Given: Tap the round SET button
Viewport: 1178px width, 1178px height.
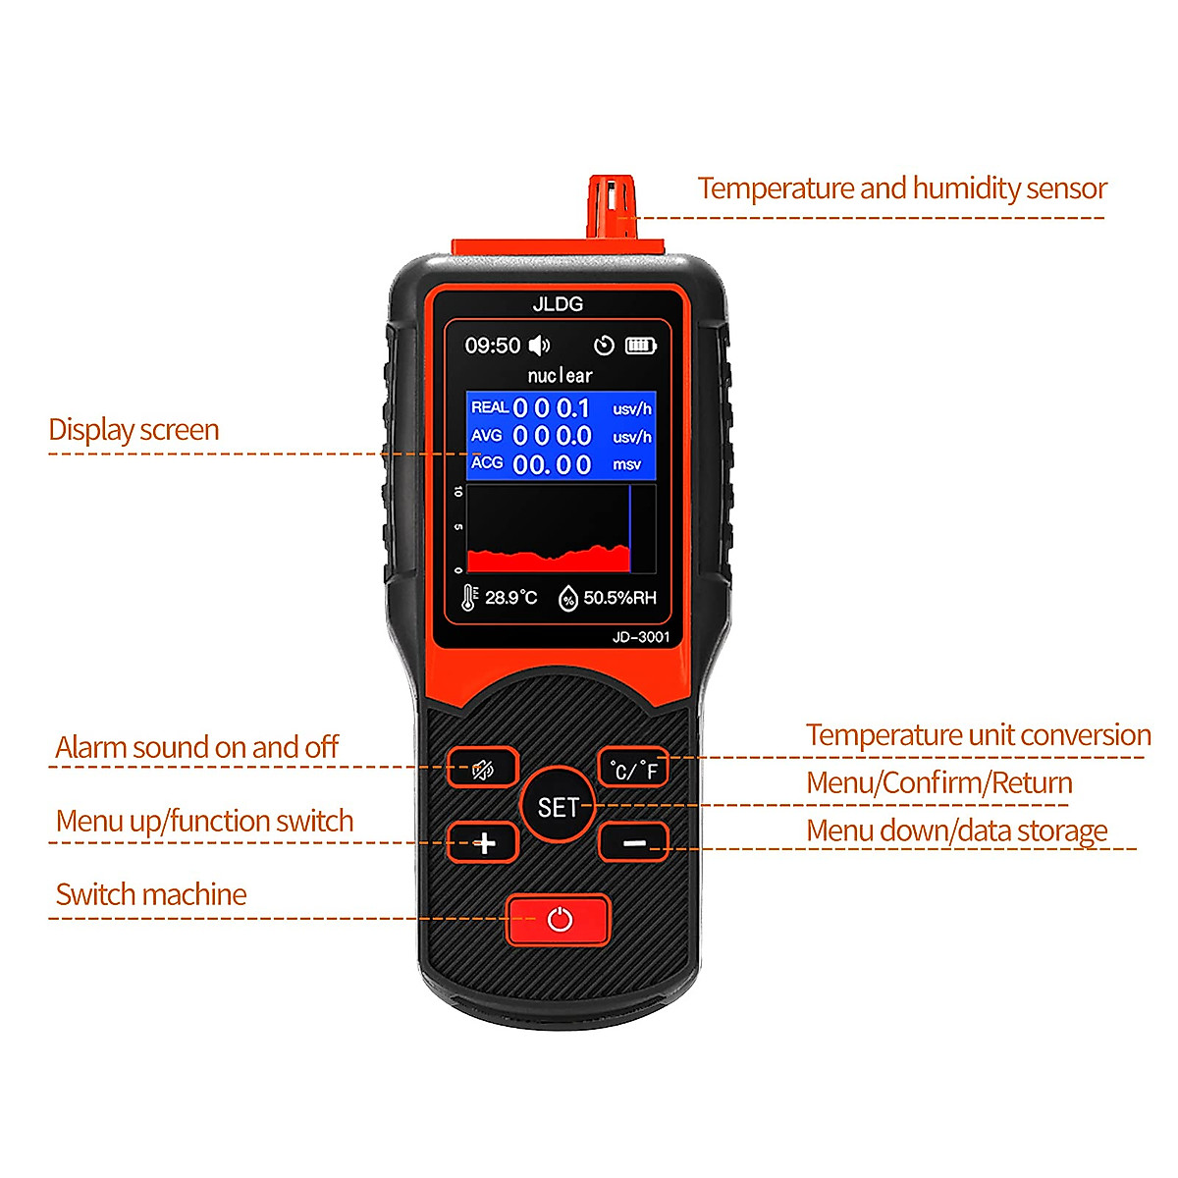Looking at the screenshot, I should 558,807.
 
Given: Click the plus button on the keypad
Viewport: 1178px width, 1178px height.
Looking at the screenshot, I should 483,842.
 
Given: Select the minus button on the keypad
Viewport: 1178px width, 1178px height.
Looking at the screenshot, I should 634,842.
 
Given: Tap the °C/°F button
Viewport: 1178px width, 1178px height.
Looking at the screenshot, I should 634,769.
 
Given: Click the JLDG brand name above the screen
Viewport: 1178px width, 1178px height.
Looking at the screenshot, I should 558,304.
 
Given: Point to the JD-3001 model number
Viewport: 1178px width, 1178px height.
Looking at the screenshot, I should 640,637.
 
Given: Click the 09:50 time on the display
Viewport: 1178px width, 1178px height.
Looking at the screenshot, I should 492,346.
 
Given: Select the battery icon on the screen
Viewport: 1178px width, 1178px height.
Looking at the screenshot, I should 640,346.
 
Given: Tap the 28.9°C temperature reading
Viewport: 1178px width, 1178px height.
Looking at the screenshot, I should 510,597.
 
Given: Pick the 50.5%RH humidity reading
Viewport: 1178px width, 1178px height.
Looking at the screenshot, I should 618,597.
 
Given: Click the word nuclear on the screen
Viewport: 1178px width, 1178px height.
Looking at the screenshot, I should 560,375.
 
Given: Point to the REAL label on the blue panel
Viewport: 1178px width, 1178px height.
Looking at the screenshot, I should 489,407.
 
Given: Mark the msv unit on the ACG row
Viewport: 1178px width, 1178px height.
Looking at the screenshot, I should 626,464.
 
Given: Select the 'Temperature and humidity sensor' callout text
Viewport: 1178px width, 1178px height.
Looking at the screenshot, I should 901,188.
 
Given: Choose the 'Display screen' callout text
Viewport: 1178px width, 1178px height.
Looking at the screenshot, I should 134,430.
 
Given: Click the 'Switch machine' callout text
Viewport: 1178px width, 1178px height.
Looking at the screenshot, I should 151,894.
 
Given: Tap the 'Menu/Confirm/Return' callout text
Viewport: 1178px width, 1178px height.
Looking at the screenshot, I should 938,783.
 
